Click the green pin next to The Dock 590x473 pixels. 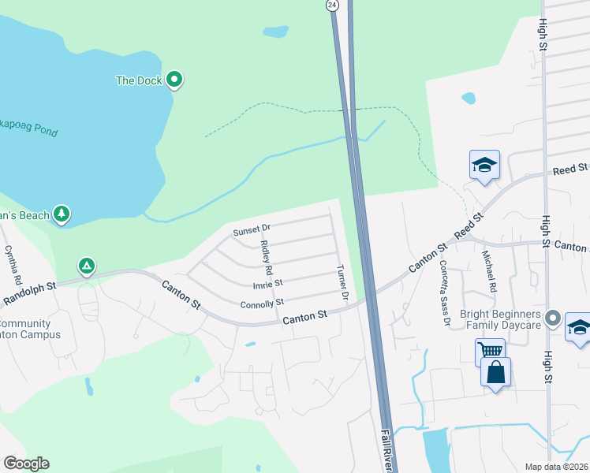(x=174, y=80)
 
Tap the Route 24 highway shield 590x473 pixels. (x=333, y=5)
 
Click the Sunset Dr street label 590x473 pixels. (x=252, y=229)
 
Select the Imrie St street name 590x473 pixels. (x=267, y=283)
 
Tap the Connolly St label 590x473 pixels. (x=261, y=304)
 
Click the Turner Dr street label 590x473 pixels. (x=342, y=285)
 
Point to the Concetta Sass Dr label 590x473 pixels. (x=444, y=293)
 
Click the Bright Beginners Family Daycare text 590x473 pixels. (x=502, y=319)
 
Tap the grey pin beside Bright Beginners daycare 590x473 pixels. (x=553, y=318)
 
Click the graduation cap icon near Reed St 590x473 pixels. (x=484, y=166)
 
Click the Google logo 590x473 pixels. (x=26, y=464)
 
